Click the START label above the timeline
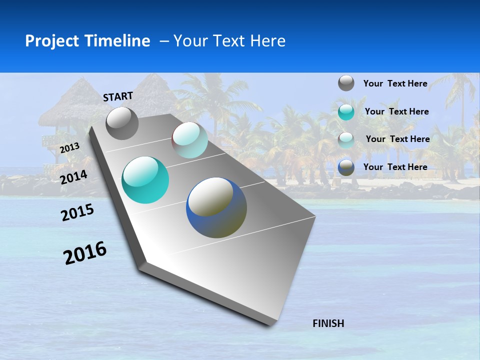(x=118, y=96)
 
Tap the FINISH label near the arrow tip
(x=328, y=323)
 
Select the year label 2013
(x=69, y=148)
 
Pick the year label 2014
(x=73, y=177)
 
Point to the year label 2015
(x=77, y=212)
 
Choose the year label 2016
(x=85, y=253)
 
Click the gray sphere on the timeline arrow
(x=122, y=123)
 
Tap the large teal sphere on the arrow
(x=145, y=180)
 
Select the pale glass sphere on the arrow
(x=189, y=140)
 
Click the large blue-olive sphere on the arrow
(x=216, y=207)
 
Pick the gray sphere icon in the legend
(x=346, y=83)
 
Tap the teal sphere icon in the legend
(x=346, y=112)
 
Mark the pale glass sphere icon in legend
(x=346, y=139)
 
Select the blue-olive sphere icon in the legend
(x=346, y=167)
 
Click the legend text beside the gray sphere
(x=395, y=83)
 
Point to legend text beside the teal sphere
(x=396, y=111)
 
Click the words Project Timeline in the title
(x=87, y=41)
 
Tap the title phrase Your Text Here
(x=229, y=41)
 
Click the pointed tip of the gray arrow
(x=270, y=324)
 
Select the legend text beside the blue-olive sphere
(x=395, y=167)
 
